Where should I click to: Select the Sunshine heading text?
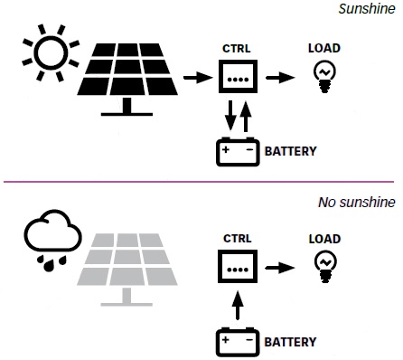point(367,9)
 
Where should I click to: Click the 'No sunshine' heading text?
point(357,202)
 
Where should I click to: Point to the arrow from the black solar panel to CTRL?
point(198,78)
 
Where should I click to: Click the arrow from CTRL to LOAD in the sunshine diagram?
point(280,78)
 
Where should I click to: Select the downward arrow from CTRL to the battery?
point(230,116)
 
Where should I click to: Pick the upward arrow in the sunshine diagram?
point(246,116)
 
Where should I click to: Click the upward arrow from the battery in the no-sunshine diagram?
point(238,305)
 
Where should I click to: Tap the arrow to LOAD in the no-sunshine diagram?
point(279,268)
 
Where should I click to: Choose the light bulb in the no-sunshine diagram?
point(325,267)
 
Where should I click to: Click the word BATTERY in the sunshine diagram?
point(291,151)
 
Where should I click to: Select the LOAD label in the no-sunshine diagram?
point(324,239)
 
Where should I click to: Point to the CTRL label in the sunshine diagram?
point(237,49)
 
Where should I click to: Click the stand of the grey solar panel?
point(127,297)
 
